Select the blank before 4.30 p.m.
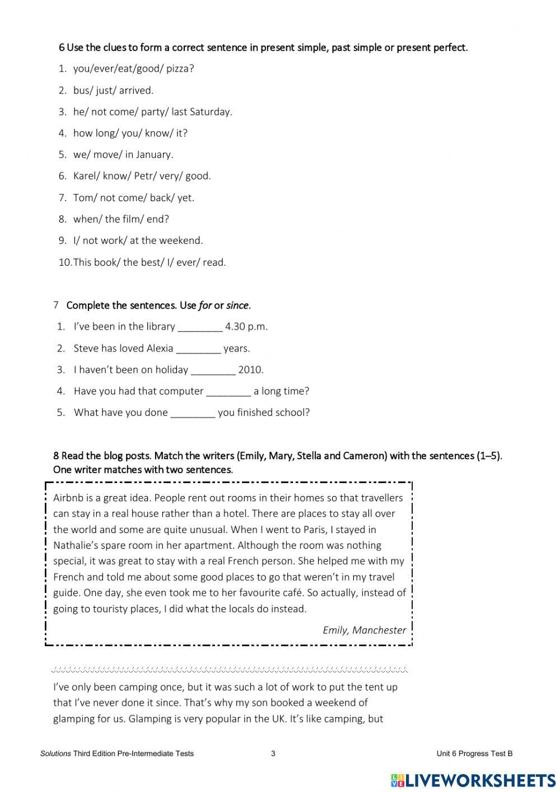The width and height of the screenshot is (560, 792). [200, 327]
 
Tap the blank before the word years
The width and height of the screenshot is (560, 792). [198, 349]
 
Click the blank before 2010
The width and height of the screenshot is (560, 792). [213, 370]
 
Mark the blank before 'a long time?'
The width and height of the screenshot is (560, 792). [228, 391]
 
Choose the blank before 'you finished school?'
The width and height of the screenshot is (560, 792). [193, 413]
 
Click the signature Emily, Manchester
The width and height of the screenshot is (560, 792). [364, 630]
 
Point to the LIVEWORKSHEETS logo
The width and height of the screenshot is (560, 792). [473, 780]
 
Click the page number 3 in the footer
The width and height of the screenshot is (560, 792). [273, 753]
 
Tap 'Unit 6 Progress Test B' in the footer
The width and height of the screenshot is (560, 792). [474, 753]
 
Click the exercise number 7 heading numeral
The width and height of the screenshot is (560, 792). [56, 305]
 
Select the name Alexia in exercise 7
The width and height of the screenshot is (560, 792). [160, 349]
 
